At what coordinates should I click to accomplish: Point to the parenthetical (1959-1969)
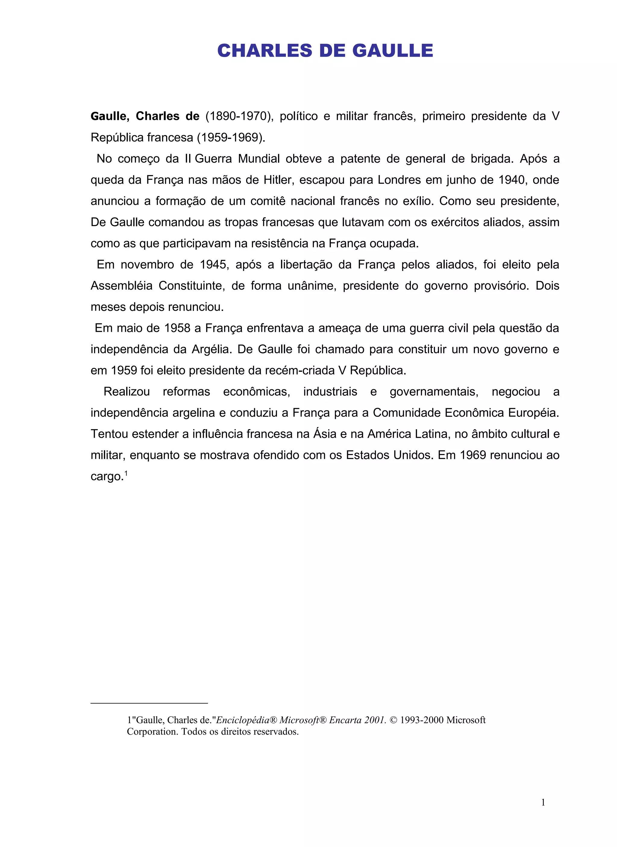pyautogui.click(x=231, y=138)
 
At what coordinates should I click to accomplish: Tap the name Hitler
pyautogui.click(x=277, y=180)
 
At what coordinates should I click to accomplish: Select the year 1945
pyautogui.click(x=213, y=265)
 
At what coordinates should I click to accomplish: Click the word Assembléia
pyautogui.click(x=121, y=286)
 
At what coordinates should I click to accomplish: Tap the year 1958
pyautogui.click(x=177, y=328)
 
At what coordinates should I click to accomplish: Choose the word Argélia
pyautogui.click(x=212, y=350)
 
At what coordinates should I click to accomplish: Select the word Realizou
pyautogui.click(x=127, y=392)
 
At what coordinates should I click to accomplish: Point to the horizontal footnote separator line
pyautogui.click(x=149, y=703)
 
